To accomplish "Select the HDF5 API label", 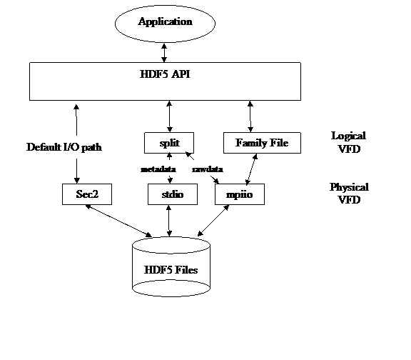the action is click(x=165, y=74).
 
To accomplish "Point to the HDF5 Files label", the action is click(x=171, y=270).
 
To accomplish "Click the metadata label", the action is click(x=158, y=169).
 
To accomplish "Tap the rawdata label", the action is click(x=208, y=169).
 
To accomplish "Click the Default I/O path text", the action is click(x=64, y=147).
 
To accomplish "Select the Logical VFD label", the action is click(x=349, y=142).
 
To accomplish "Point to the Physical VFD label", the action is click(x=349, y=194).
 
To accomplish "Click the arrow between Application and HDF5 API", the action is click(x=164, y=53).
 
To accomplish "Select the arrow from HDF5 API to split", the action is click(x=170, y=116).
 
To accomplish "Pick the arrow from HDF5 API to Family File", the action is click(x=250, y=116).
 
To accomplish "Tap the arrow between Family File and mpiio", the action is click(x=251, y=169).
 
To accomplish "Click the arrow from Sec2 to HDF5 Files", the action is click(x=118, y=221).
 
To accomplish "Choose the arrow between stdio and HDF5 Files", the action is click(x=169, y=221).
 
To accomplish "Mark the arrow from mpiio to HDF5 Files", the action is click(x=213, y=221).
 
